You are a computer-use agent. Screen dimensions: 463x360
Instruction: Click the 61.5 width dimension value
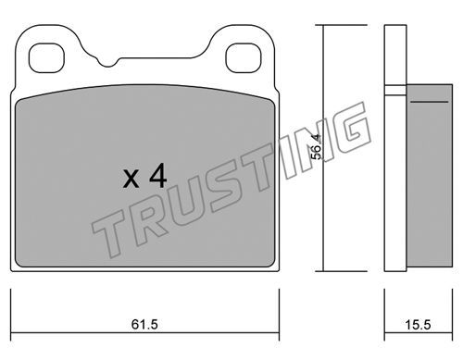(144, 324)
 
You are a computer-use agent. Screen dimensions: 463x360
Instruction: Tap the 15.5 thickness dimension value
(418, 325)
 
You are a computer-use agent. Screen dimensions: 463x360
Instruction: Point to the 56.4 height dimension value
(316, 147)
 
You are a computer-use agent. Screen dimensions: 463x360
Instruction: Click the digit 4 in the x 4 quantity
(157, 176)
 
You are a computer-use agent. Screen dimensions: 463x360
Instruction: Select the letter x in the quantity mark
(131, 180)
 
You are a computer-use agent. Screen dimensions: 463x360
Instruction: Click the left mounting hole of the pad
(46, 58)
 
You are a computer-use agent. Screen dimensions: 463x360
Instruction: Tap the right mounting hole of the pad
(244, 58)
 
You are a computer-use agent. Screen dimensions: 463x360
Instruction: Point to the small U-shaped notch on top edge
(107, 63)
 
